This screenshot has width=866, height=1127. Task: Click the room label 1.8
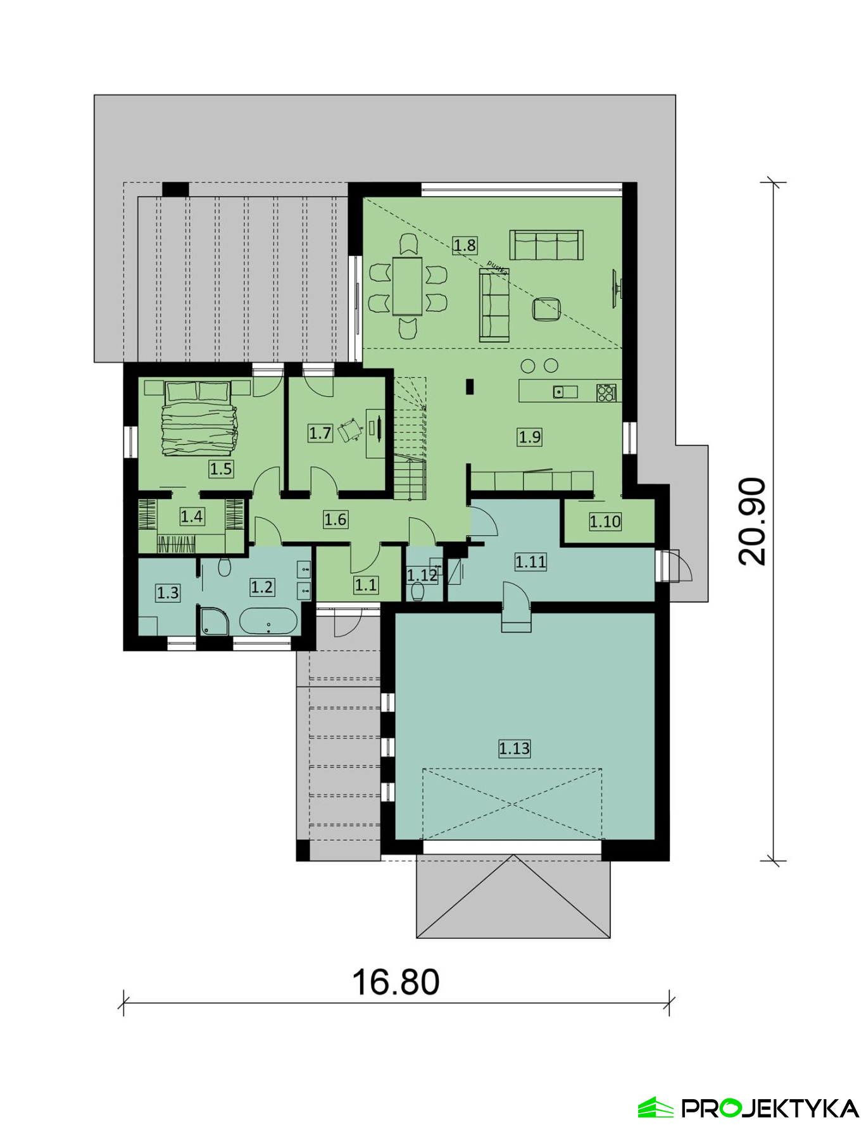pyautogui.click(x=464, y=245)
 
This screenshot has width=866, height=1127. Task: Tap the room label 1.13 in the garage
pyautogui.click(x=514, y=748)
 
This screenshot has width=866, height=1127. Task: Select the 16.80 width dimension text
pyautogui.click(x=396, y=982)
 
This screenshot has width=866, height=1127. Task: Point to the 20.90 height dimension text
pyautogui.click(x=752, y=521)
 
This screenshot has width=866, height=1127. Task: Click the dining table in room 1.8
pyautogui.click(x=407, y=286)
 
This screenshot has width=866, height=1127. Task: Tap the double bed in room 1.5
pyautogui.click(x=198, y=417)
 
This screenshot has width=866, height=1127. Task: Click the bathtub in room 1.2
pyautogui.click(x=268, y=621)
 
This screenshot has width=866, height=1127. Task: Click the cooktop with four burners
pyautogui.click(x=606, y=393)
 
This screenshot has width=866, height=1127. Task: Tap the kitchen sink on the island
pyautogui.click(x=565, y=392)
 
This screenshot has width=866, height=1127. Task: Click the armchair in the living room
pyautogui.click(x=546, y=309)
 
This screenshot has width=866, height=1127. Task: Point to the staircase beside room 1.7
pyautogui.click(x=410, y=438)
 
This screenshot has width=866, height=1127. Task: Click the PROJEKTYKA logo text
pyautogui.click(x=769, y=1108)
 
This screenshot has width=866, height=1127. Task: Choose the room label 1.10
pyautogui.click(x=605, y=522)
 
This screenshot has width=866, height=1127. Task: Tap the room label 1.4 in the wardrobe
pyautogui.click(x=192, y=517)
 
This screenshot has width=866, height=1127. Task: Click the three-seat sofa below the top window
pyautogui.click(x=546, y=245)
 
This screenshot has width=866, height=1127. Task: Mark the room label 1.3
pyautogui.click(x=168, y=593)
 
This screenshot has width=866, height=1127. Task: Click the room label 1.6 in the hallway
pyautogui.click(x=335, y=520)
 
